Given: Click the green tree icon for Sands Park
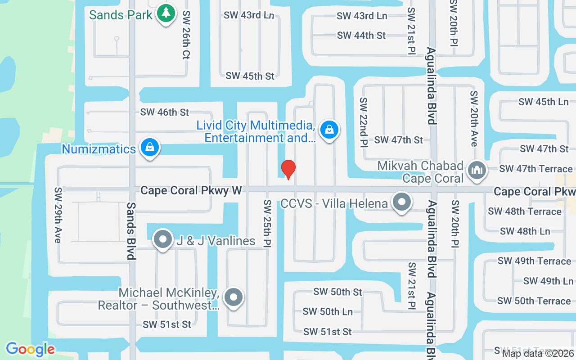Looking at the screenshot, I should [x=166, y=13].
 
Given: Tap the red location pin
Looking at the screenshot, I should [x=288, y=169].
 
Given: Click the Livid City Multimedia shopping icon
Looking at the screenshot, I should [x=329, y=130].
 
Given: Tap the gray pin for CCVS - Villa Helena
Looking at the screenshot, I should [x=401, y=203].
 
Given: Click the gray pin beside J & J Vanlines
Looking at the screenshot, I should [x=163, y=240].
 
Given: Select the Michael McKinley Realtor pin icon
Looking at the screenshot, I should [x=233, y=297].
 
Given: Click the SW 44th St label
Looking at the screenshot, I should [x=361, y=35].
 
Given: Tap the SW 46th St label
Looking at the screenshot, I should [x=165, y=112].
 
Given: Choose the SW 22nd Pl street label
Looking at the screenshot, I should [x=363, y=121].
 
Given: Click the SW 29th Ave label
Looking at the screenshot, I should [x=57, y=215].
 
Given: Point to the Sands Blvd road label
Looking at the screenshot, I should [x=131, y=230].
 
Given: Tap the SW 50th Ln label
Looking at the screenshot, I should [x=328, y=311].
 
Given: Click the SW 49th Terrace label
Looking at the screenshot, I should [x=534, y=261].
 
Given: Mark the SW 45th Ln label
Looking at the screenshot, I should [x=543, y=102].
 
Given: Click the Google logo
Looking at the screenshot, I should [x=30, y=349].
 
